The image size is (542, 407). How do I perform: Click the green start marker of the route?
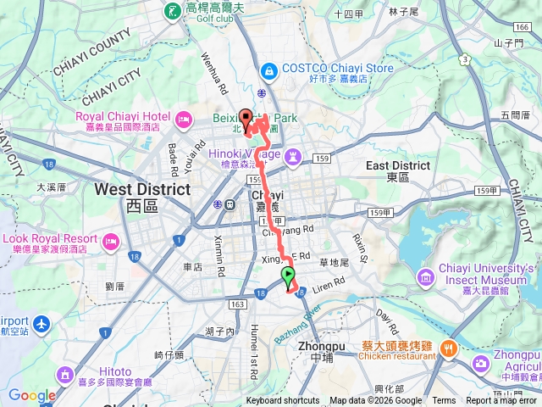click(x=288, y=275)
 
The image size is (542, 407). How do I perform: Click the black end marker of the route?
click(x=246, y=118)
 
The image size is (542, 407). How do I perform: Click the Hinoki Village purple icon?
click(x=293, y=156)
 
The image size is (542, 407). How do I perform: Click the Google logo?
click(x=32, y=395)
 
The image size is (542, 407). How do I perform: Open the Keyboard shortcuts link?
click(x=283, y=401)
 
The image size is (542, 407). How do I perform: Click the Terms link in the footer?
click(x=444, y=401)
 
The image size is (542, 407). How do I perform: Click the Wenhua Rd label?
click(x=213, y=74)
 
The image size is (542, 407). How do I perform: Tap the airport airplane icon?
click(x=42, y=323)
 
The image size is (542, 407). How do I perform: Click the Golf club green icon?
click(x=173, y=11)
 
